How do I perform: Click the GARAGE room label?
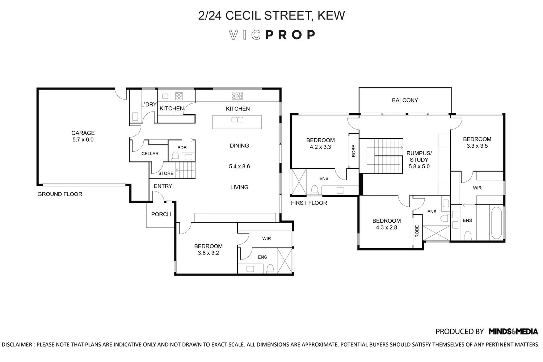click(83, 133)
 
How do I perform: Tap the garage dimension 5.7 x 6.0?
click(83, 140)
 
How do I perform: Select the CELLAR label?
click(150, 153)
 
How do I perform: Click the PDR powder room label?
click(182, 148)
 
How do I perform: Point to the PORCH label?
click(161, 214)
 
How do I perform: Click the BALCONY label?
click(405, 100)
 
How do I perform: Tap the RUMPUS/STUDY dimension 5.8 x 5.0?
click(419, 167)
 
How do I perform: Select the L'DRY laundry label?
click(148, 105)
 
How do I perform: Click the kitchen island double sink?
click(237, 120)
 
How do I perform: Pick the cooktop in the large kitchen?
click(237, 96)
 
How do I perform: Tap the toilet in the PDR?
click(175, 156)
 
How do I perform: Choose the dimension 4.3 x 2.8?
click(386, 228)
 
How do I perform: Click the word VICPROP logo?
click(272, 35)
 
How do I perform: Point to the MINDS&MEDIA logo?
click(513, 331)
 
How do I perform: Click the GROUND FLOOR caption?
click(60, 194)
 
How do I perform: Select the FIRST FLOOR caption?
click(309, 203)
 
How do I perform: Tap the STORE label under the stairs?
click(166, 173)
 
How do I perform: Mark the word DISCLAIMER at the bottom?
click(17, 345)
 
